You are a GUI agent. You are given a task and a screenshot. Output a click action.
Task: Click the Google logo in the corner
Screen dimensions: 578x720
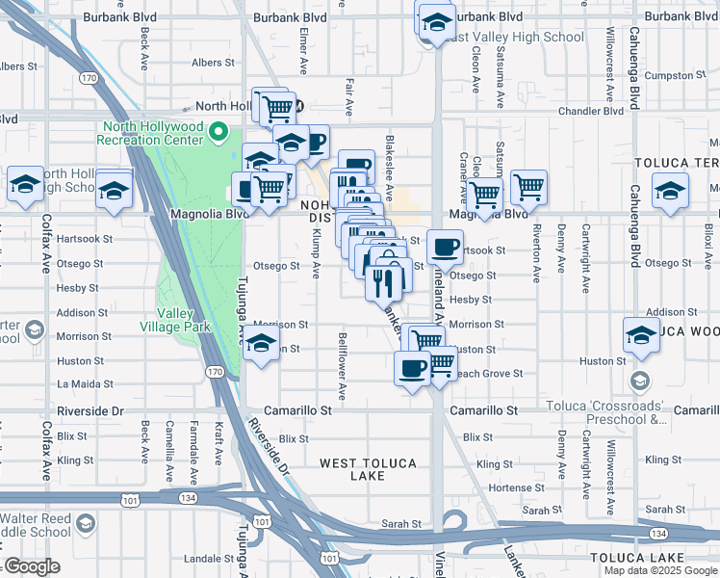[x=31, y=566]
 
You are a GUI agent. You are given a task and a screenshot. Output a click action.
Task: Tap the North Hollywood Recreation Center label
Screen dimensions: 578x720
[x=154, y=133]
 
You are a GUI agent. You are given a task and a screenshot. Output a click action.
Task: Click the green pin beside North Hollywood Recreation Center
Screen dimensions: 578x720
[x=219, y=132]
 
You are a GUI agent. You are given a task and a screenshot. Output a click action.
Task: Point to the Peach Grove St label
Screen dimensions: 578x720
[x=488, y=373]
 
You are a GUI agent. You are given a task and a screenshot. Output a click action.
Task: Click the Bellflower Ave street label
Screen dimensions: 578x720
[x=342, y=366]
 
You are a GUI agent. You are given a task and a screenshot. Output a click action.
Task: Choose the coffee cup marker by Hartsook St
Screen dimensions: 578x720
[x=445, y=247]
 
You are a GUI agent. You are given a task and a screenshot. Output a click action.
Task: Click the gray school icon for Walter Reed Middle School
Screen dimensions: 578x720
[x=85, y=523]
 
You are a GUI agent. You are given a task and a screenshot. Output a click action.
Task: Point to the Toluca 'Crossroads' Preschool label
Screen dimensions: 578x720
[x=606, y=413]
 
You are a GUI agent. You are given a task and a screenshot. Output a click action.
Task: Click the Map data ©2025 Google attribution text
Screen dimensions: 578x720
[x=661, y=570]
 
